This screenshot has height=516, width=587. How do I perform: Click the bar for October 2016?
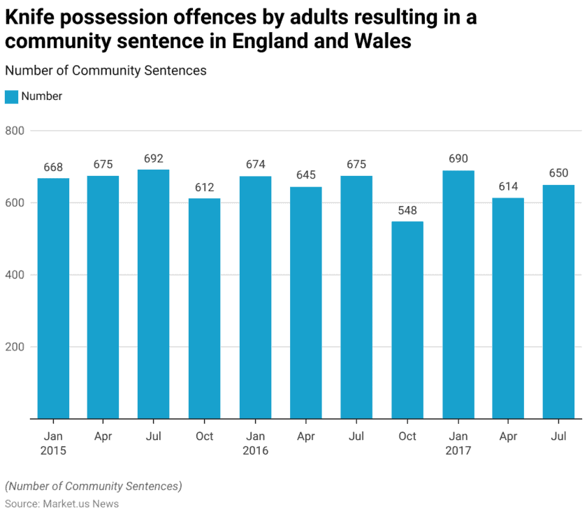(407, 320)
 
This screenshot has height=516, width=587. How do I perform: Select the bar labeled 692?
(154, 294)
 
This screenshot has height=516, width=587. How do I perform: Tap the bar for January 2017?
(458, 295)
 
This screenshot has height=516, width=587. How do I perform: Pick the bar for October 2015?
(204, 309)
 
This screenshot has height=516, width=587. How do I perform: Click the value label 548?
(407, 210)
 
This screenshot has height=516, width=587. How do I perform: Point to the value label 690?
(458, 159)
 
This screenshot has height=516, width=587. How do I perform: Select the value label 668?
(53, 167)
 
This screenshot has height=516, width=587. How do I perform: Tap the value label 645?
(306, 175)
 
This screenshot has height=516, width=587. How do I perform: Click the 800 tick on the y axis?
(15, 131)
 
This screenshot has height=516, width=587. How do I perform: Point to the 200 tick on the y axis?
(15, 347)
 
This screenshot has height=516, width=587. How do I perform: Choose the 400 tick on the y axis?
(15, 274)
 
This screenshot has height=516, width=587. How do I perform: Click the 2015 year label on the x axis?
(53, 450)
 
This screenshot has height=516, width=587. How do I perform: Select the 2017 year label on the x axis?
(458, 450)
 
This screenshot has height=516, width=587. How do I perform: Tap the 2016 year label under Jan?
(255, 450)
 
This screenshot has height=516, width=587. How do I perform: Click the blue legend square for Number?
(11, 96)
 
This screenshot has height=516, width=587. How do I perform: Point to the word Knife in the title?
(29, 17)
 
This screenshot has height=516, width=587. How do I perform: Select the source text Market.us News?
(81, 503)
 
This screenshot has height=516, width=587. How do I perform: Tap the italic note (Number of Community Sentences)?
(93, 486)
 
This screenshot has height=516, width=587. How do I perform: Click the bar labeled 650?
(558, 302)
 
